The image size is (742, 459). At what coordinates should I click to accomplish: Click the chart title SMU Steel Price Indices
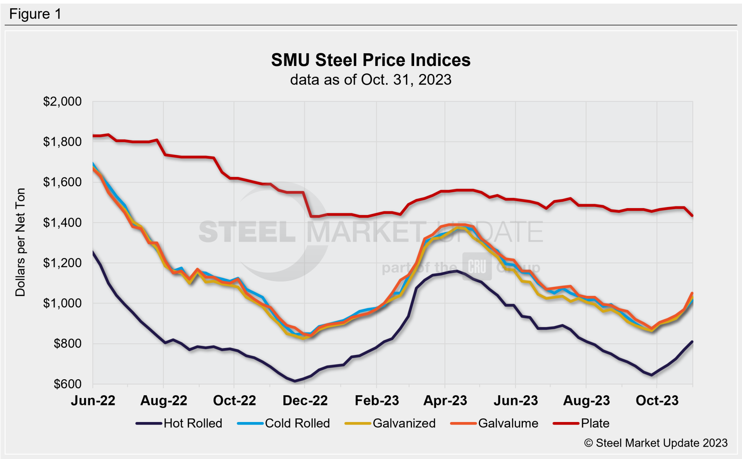pyautogui.click(x=371, y=60)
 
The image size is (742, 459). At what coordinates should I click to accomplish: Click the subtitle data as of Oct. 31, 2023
pyautogui.click(x=371, y=80)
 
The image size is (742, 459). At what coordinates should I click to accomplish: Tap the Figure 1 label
pyautogui.click(x=35, y=14)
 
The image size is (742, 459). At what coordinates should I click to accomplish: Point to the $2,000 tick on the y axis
pyautogui.click(x=62, y=102)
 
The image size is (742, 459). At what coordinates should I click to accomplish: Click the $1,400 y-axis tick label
pyautogui.click(x=62, y=223)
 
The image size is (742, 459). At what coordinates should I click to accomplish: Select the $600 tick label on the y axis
pyautogui.click(x=67, y=384)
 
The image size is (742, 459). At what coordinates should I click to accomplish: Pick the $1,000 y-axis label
pyautogui.click(x=62, y=303)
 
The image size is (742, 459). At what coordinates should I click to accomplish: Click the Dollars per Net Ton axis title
pyautogui.click(x=20, y=242)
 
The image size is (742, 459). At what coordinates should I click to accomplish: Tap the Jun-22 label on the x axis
pyautogui.click(x=93, y=401)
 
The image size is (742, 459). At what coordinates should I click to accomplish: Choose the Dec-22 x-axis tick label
pyautogui.click(x=305, y=401)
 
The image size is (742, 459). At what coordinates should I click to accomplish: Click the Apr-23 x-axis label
pyautogui.click(x=445, y=401)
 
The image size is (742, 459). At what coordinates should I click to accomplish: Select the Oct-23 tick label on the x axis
pyautogui.click(x=657, y=401)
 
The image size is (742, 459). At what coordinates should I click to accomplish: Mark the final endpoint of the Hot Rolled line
pyautogui.click(x=692, y=342)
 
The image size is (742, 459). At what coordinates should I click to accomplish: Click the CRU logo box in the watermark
pyautogui.click(x=477, y=267)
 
